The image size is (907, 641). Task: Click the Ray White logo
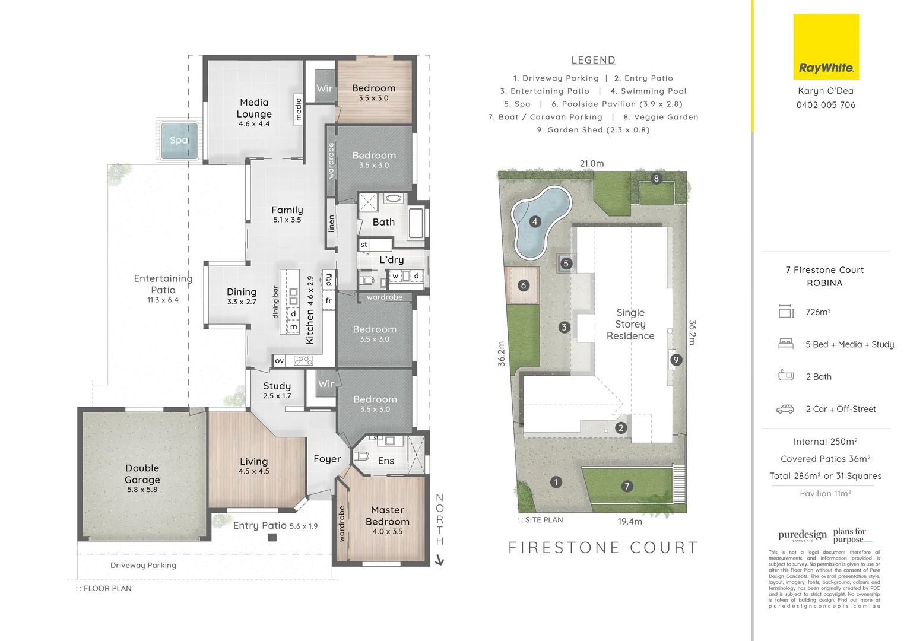[x=826, y=47]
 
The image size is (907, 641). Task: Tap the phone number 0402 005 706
[x=826, y=105]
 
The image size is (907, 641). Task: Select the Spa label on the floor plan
[x=179, y=141]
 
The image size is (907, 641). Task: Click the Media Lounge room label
[x=254, y=113]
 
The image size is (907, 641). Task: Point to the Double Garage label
[x=142, y=478]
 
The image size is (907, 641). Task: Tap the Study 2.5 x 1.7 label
[x=277, y=390]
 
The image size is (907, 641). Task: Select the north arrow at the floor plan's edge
[x=439, y=559]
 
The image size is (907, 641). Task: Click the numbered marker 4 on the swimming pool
[x=535, y=222]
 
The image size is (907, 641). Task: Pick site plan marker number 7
[x=627, y=486]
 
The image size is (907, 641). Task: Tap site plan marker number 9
[x=676, y=360]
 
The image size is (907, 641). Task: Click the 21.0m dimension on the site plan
[x=592, y=163]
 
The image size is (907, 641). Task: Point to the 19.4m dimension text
[x=630, y=521]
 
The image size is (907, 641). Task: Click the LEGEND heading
[x=593, y=60]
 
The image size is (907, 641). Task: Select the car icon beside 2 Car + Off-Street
[x=785, y=409]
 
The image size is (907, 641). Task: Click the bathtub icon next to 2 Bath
[x=785, y=375]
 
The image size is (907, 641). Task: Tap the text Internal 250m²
[x=825, y=442]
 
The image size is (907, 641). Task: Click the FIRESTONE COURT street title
[x=603, y=547]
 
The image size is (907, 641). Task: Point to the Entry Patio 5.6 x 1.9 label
[x=275, y=525]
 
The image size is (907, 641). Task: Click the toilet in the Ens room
[x=361, y=457]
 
